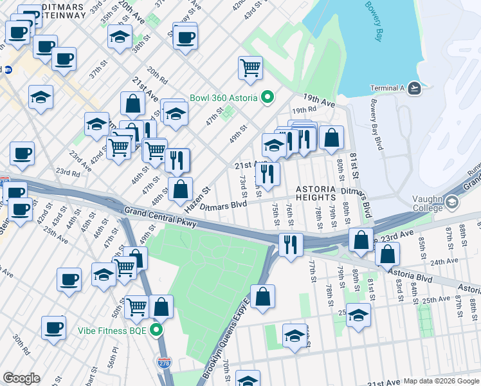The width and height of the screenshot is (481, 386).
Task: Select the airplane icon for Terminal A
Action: pos(414,88)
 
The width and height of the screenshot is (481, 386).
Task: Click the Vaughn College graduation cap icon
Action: pos(452,203)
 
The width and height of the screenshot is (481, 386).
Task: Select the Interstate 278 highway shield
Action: pos(165,363)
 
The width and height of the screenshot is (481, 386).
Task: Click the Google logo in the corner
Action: pos(21,378)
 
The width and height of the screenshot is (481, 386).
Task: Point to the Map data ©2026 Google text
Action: pos(441,381)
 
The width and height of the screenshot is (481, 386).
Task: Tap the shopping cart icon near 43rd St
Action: pos(250,68)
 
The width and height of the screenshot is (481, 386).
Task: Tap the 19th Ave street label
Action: pos(320,101)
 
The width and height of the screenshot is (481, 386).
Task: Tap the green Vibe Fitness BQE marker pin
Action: pos(156,331)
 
